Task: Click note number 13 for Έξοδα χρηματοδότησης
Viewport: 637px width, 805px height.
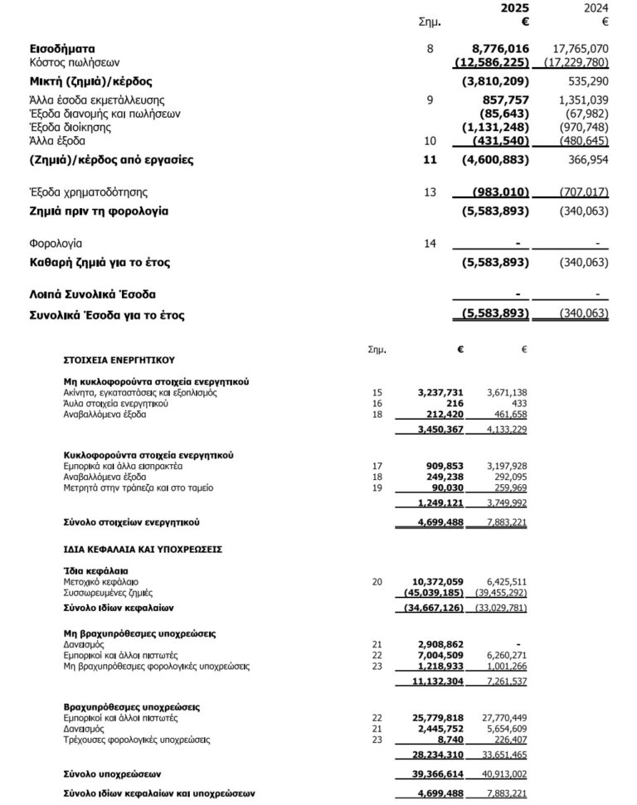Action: pyautogui.click(x=429, y=192)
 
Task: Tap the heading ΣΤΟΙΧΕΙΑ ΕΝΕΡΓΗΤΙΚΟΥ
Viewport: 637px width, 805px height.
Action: pyautogui.click(x=119, y=361)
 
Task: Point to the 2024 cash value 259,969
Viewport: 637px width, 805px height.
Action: pyautogui.click(x=508, y=487)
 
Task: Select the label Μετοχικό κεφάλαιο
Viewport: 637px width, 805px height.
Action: pyautogui.click(x=100, y=582)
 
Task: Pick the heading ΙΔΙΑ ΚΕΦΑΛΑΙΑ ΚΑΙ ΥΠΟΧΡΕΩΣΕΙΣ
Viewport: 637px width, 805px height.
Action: pyautogui.click(x=143, y=549)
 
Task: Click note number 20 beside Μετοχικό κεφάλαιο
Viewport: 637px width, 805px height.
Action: pyautogui.click(x=378, y=582)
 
